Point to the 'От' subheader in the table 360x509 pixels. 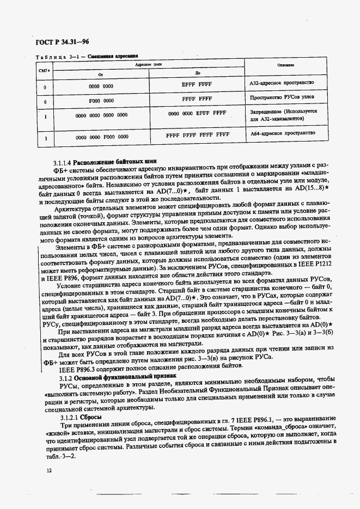pos(101,73)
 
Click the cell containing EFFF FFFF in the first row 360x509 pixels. pos(197,85)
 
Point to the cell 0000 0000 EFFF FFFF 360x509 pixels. pos(197,113)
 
